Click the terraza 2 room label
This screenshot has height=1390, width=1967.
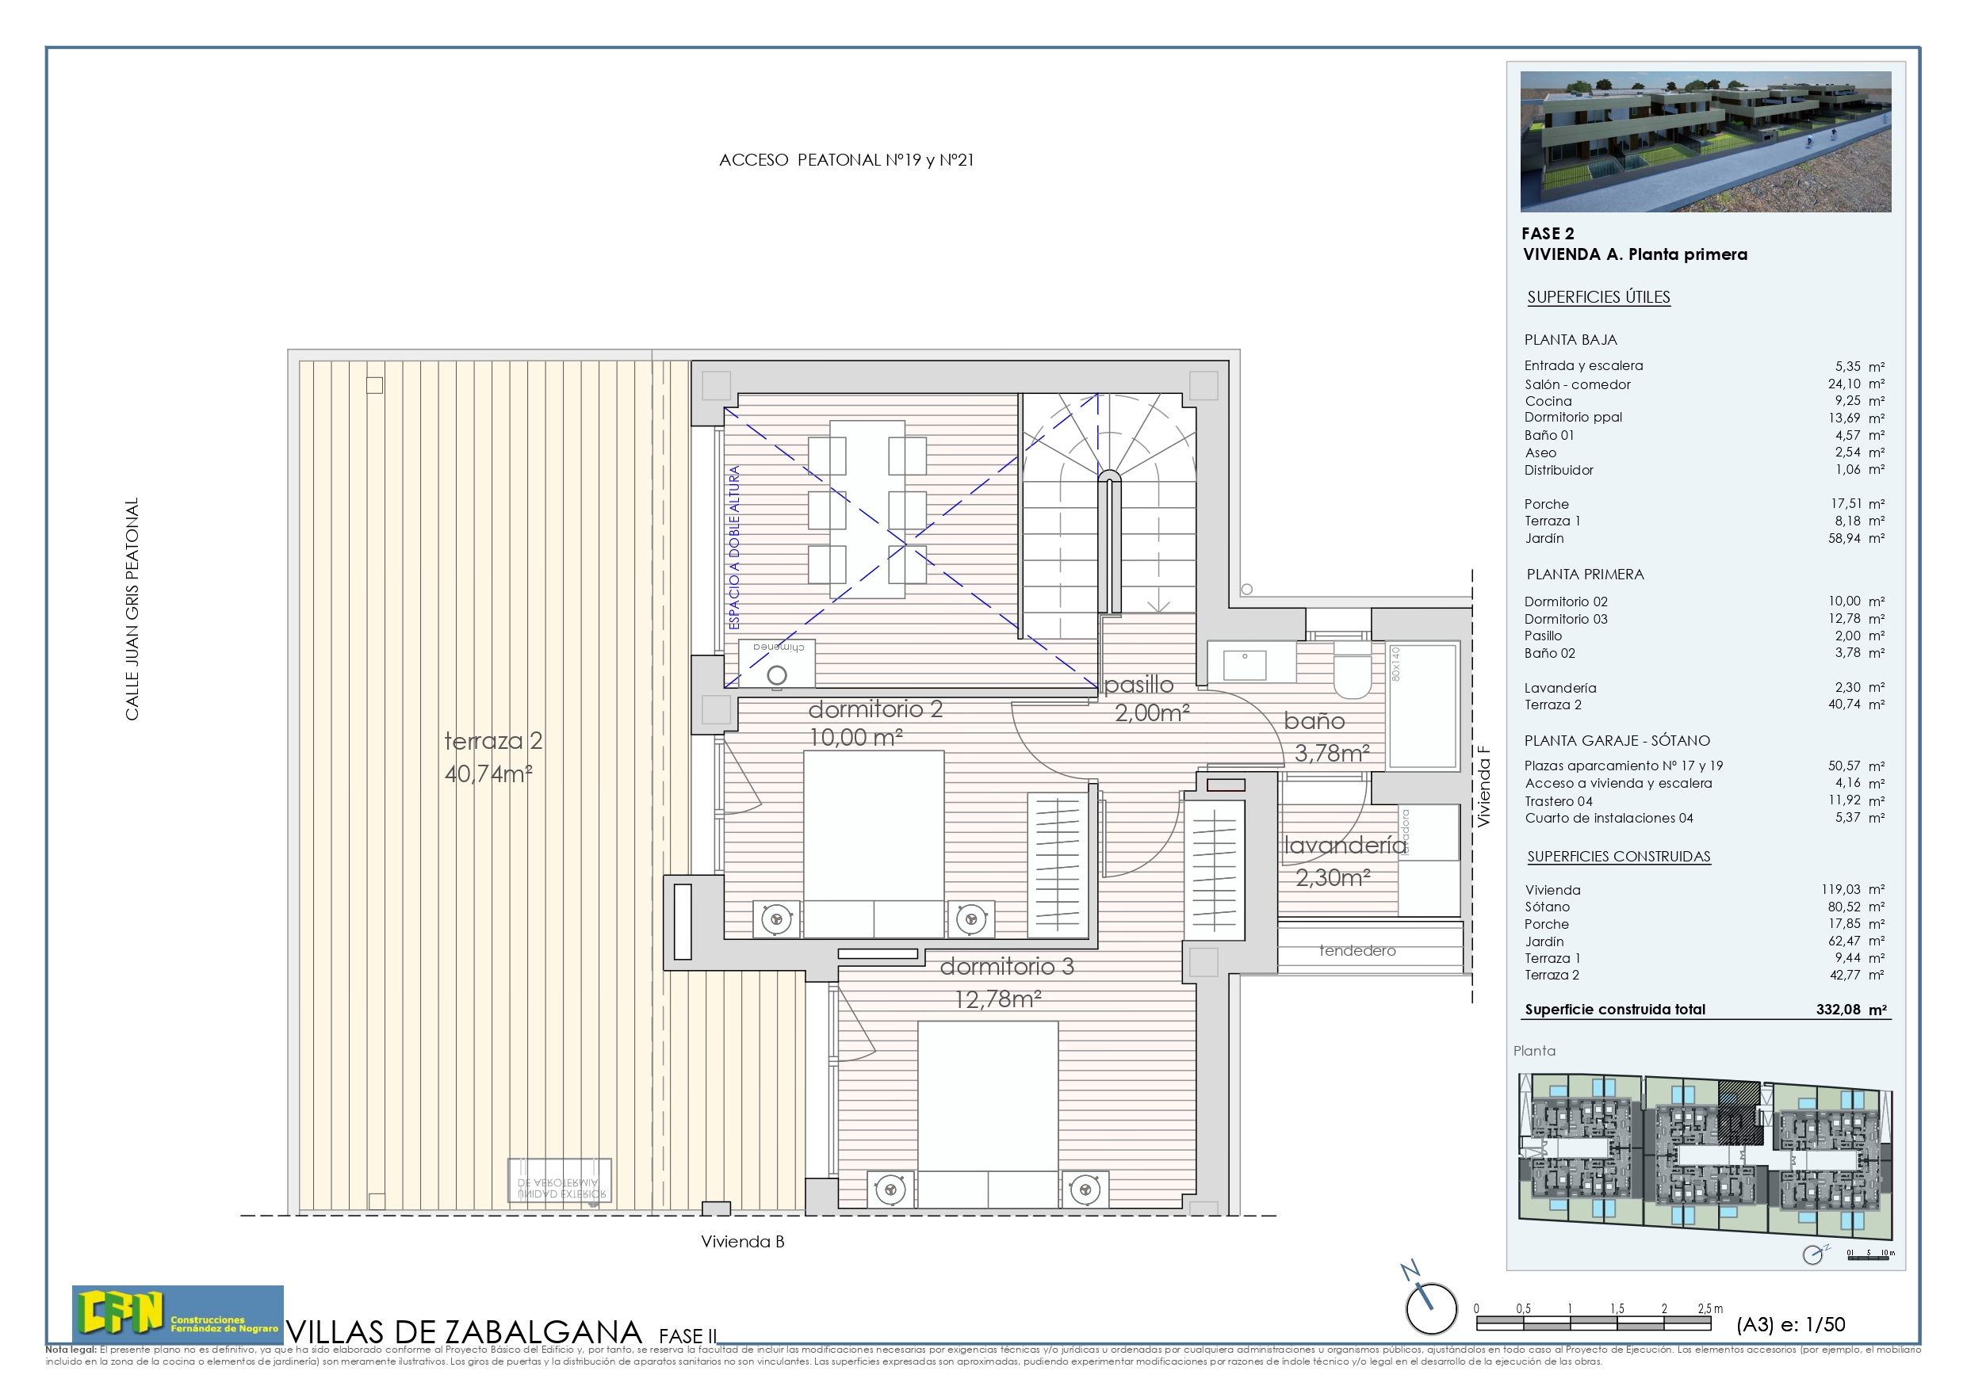492,741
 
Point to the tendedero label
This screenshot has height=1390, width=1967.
1357,951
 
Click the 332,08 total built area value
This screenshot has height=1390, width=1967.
1838,1010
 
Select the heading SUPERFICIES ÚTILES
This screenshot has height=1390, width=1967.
1598,297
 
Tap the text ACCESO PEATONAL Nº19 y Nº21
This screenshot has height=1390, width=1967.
846,160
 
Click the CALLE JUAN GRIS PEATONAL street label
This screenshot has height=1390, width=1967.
132,609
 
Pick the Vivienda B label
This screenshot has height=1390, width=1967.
742,1242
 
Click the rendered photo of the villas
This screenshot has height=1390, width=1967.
1705,141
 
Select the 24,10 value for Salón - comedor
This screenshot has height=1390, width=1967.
1843,384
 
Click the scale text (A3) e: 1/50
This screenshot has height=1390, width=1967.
1789,1325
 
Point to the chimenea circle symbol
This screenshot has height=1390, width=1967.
776,676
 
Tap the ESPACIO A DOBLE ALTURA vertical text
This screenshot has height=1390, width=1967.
734,548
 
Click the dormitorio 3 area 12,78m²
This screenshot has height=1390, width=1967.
998,999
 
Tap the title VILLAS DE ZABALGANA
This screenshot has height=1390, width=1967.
464,1332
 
